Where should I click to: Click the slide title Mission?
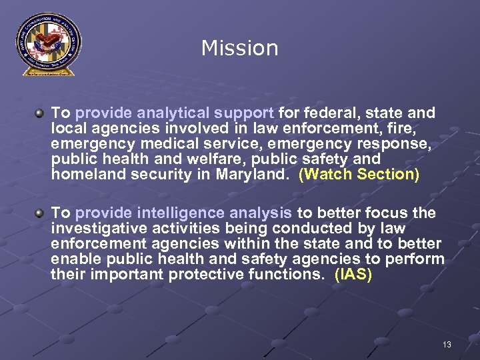click(x=239, y=48)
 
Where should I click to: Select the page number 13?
click(x=447, y=344)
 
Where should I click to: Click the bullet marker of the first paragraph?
click(x=41, y=113)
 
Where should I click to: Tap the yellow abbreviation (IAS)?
click(x=353, y=275)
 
